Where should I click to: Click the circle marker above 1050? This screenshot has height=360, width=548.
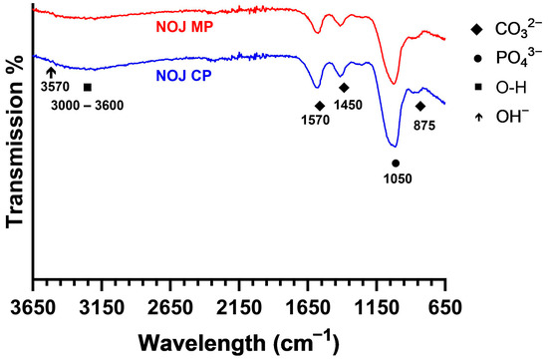396,163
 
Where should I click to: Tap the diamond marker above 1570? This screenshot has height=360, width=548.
320,105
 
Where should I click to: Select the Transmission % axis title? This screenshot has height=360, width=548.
15,148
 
